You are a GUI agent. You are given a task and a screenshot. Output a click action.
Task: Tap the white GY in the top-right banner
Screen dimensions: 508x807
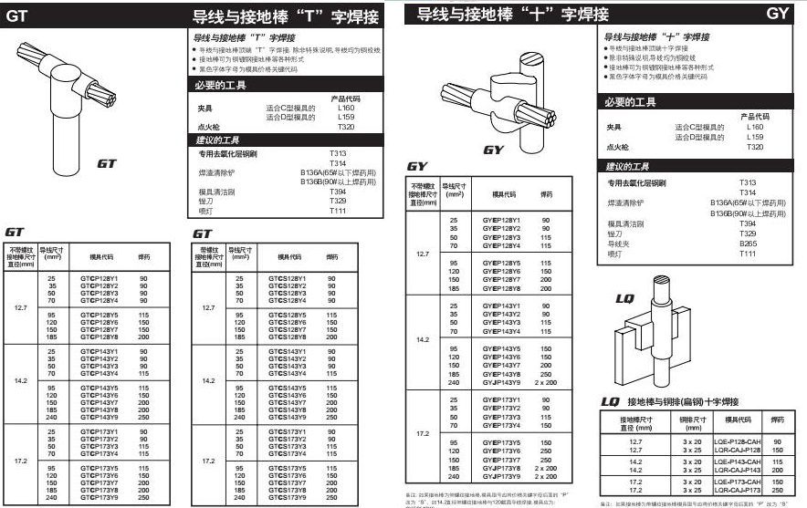coord(777,14)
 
